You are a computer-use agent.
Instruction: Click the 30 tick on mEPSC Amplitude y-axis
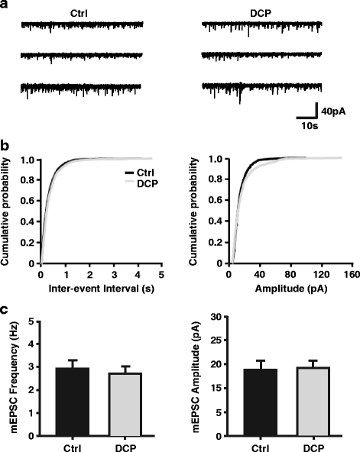(x=220, y=317)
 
